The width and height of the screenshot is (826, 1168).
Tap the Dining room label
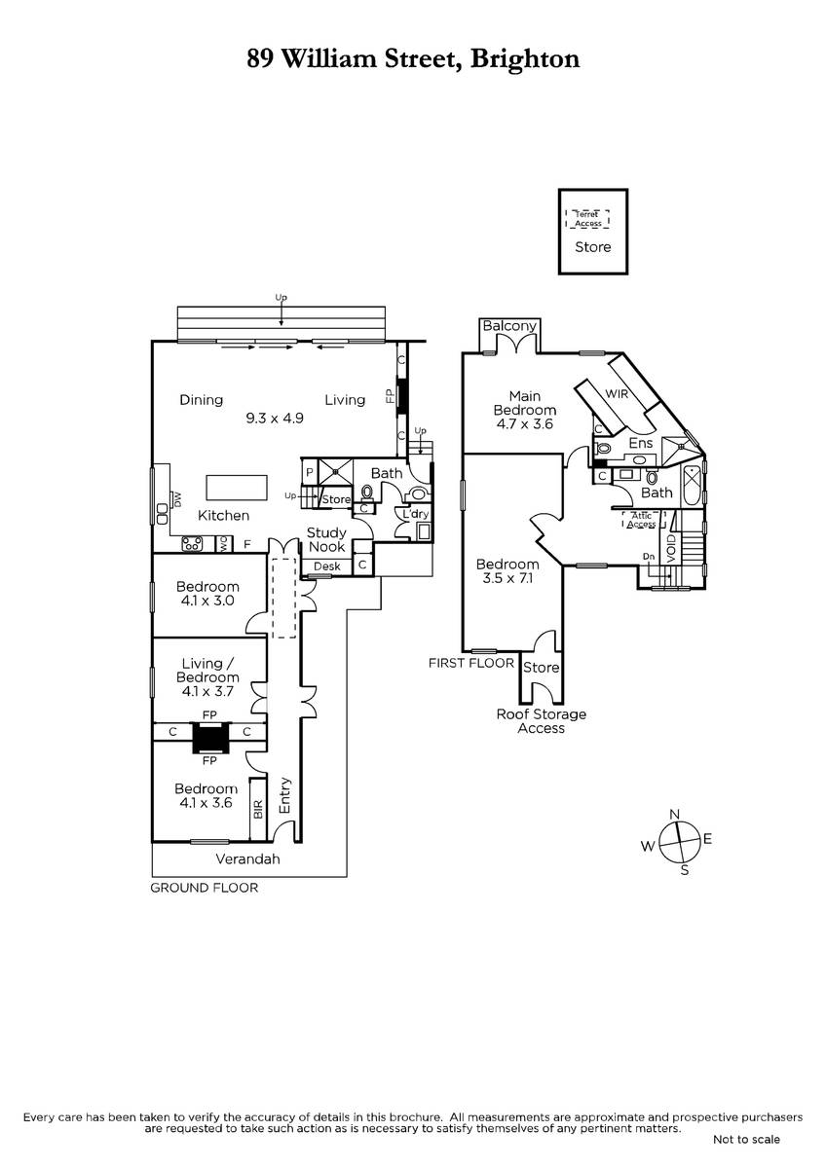[x=202, y=400]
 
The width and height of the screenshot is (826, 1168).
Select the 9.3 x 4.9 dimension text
[x=275, y=419]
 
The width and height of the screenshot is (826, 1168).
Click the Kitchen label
[x=224, y=516]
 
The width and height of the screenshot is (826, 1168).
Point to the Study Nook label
[x=326, y=539]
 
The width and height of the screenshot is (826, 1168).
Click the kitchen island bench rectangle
[x=238, y=486]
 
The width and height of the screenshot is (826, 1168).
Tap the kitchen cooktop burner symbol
[x=192, y=545]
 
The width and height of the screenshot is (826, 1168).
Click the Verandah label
[x=247, y=859]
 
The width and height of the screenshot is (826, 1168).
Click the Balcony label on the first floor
[x=509, y=326]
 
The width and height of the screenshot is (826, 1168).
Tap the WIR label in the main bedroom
[x=618, y=393]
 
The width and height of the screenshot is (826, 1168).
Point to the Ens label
[x=640, y=444]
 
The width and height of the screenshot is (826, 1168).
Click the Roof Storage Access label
[x=542, y=721]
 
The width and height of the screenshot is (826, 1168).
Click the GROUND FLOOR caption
[x=204, y=888]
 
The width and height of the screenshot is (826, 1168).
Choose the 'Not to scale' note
[x=746, y=1139]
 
